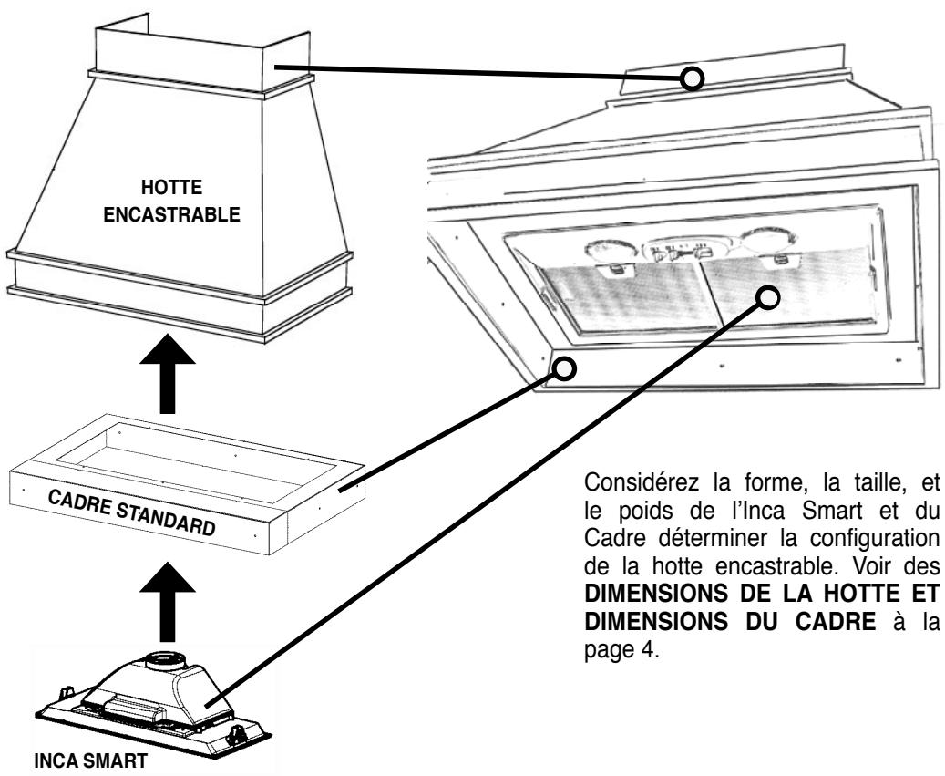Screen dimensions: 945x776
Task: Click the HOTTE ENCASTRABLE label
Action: (171, 201)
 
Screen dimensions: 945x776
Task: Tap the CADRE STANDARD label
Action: (132, 513)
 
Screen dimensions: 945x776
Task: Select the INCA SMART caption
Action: (91, 760)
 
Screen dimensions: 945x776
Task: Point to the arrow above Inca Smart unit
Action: (168, 603)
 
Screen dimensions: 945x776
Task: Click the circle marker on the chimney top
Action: (693, 78)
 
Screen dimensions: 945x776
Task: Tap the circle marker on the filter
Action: (768, 297)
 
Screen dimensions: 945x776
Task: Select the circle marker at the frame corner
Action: (565, 368)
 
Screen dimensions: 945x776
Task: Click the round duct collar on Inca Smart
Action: (163, 661)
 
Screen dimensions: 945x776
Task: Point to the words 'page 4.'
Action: (622, 651)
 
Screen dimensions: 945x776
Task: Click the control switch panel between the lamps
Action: (685, 249)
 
